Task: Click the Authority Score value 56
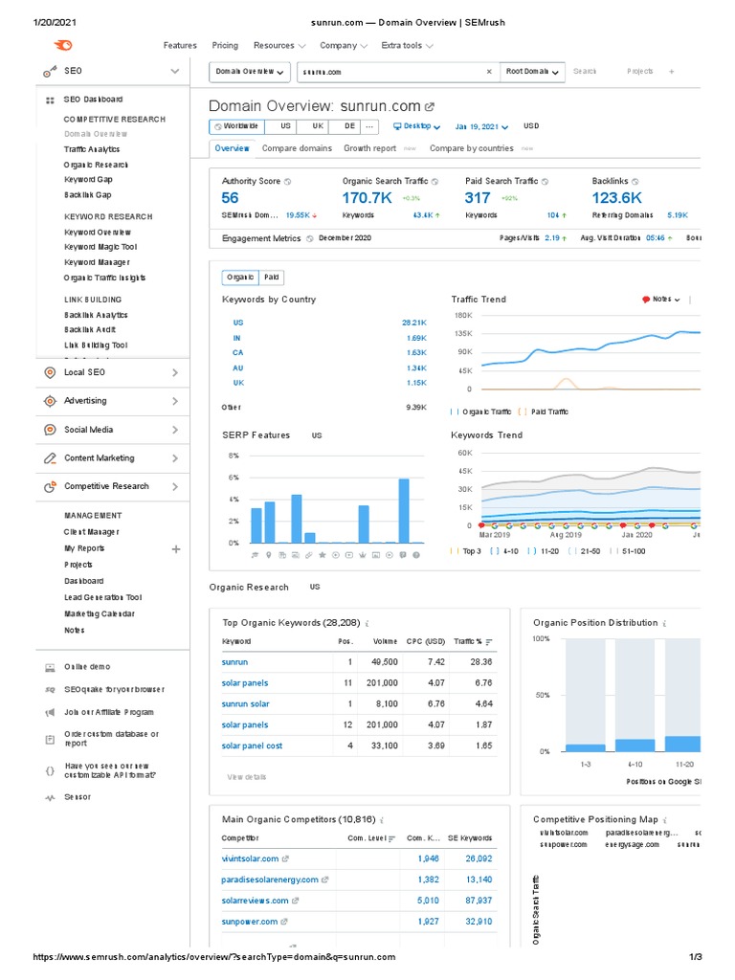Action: (x=231, y=198)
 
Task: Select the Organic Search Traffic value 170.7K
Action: (x=367, y=198)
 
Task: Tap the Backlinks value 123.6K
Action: (x=617, y=198)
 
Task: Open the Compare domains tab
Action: (x=297, y=148)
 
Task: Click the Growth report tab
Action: (x=370, y=148)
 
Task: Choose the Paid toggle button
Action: (x=272, y=278)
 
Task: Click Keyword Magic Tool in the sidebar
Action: (x=100, y=247)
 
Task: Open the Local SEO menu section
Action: (x=85, y=372)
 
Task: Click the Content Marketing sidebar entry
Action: (x=100, y=458)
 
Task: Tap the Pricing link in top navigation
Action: (x=225, y=45)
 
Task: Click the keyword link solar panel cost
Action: (x=252, y=746)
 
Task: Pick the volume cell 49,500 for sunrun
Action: (x=385, y=662)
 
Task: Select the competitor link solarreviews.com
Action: (x=255, y=901)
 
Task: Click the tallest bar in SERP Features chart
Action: (x=404, y=510)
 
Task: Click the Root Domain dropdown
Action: (x=533, y=71)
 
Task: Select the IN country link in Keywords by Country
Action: (x=237, y=338)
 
